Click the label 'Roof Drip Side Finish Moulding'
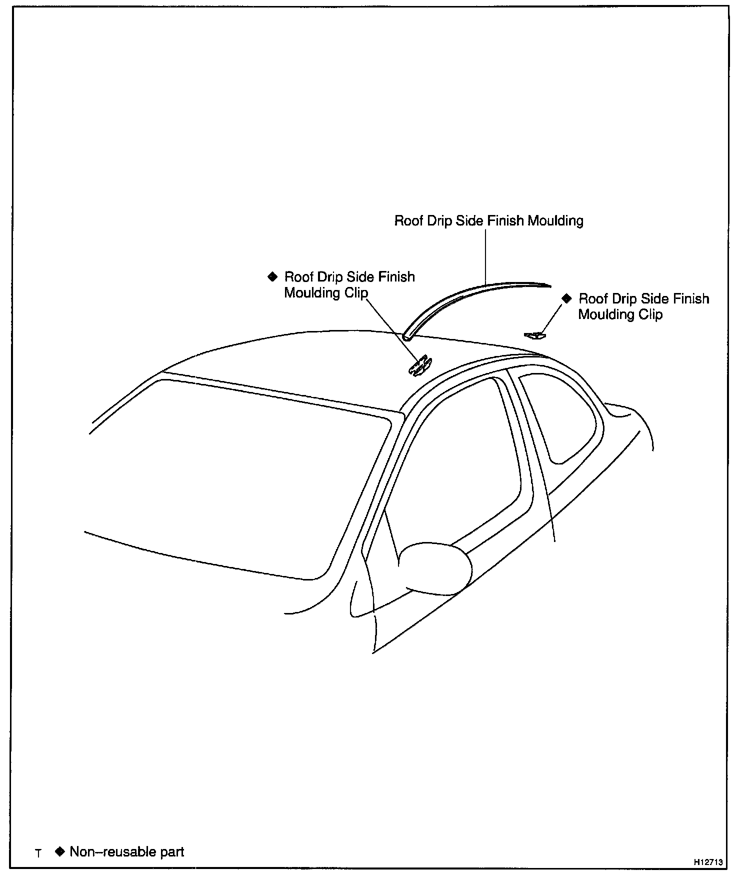[x=488, y=220]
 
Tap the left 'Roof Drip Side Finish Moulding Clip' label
[x=349, y=284]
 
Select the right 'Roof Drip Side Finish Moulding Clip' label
[x=643, y=306]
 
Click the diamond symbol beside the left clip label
[x=272, y=276]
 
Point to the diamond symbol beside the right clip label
[x=566, y=298]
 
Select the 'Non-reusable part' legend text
[x=127, y=851]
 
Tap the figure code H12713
[x=707, y=862]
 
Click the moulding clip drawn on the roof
[x=420, y=365]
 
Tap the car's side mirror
[x=436, y=568]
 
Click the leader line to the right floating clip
[x=551, y=318]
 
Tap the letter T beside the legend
[x=38, y=853]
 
